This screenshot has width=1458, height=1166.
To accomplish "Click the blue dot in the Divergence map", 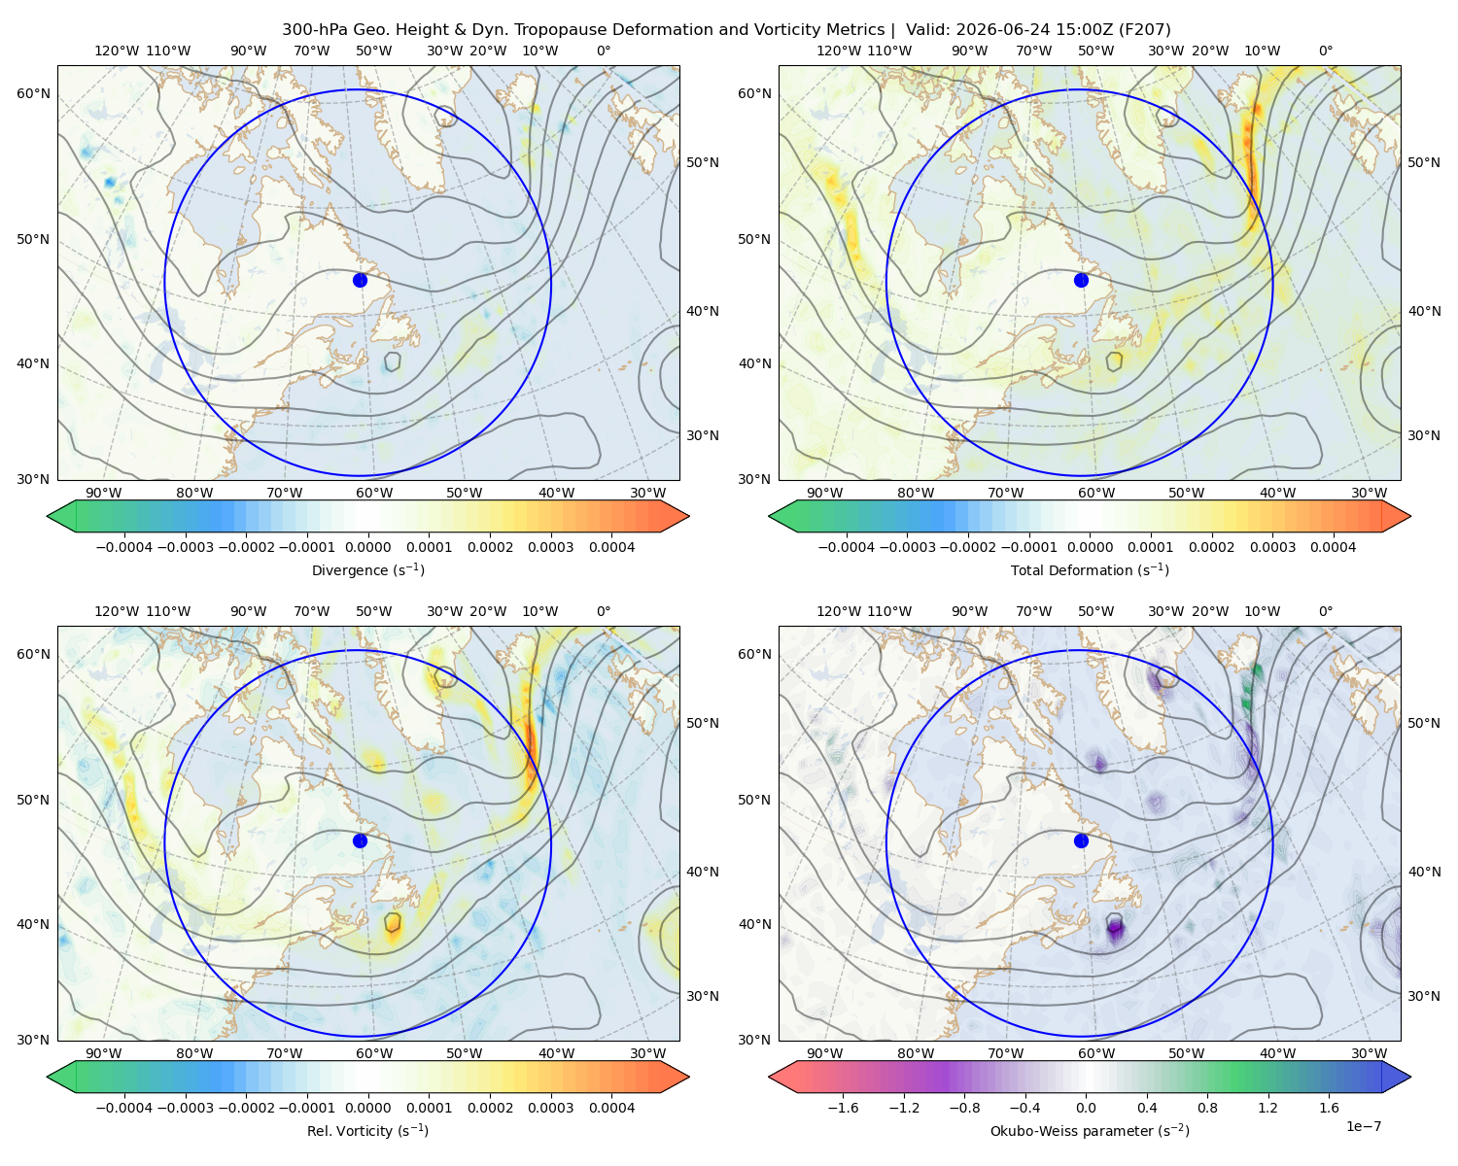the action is pyautogui.click(x=360, y=280).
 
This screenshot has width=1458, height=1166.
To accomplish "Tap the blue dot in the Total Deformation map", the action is pyautogui.click(x=1081, y=280).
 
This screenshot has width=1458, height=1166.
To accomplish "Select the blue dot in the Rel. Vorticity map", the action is pyautogui.click(x=360, y=840).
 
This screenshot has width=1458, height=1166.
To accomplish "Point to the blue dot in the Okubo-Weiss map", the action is pyautogui.click(x=1081, y=840).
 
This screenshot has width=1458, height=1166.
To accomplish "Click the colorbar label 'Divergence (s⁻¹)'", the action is pyautogui.click(x=367, y=569).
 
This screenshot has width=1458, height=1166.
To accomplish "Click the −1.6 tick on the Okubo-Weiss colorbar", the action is pyautogui.click(x=843, y=1107).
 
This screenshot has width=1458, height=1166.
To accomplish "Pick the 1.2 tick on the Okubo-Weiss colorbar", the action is pyautogui.click(x=1267, y=1107).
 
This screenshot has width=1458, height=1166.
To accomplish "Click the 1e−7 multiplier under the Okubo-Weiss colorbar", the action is pyautogui.click(x=1363, y=1126).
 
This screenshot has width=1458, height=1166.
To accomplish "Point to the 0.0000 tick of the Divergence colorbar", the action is pyautogui.click(x=367, y=547).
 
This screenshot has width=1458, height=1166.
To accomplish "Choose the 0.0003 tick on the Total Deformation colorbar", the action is pyautogui.click(x=1272, y=547).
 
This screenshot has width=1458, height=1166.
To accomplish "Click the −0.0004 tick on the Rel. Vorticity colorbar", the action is pyautogui.click(x=124, y=1107).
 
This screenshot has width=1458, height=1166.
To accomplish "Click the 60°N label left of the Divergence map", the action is pyautogui.click(x=33, y=93).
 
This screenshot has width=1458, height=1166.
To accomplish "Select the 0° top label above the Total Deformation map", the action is pyautogui.click(x=1325, y=51).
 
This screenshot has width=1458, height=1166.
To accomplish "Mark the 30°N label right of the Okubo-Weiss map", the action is pyautogui.click(x=1423, y=996).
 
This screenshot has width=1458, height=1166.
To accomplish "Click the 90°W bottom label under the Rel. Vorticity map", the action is pyautogui.click(x=104, y=1053).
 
